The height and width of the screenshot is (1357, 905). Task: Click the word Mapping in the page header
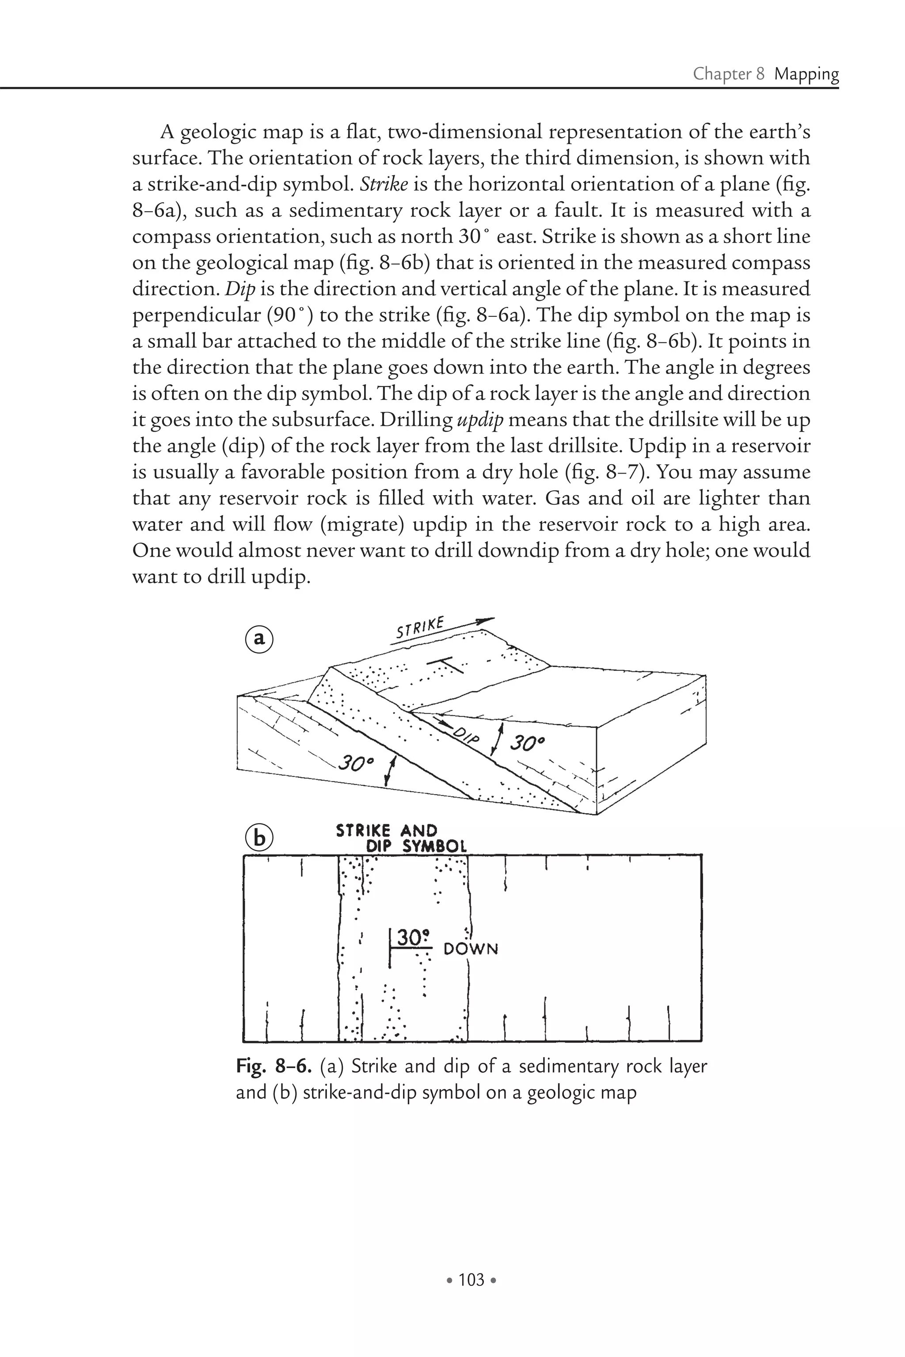[x=806, y=74]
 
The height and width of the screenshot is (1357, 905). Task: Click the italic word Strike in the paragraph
[x=384, y=185]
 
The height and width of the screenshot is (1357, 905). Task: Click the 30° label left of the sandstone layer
[x=356, y=763]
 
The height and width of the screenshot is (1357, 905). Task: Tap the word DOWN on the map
[x=470, y=949]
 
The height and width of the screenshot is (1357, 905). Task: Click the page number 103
[x=471, y=1280]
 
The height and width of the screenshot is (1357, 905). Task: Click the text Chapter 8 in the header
[x=729, y=74]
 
